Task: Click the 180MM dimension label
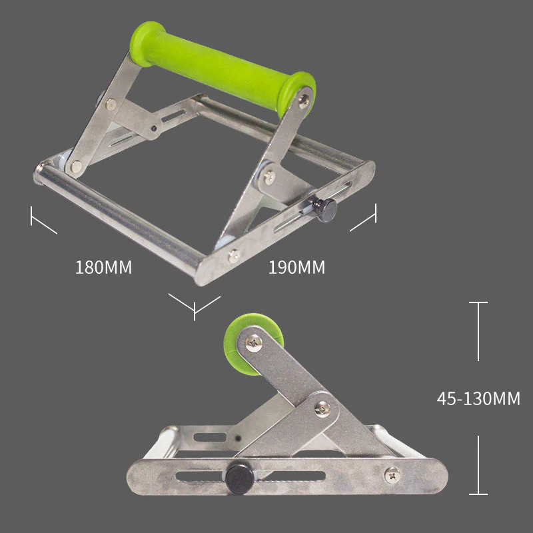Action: coord(103,268)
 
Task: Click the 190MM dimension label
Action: coord(297,268)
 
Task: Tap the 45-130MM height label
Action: coord(478,398)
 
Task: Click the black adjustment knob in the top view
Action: coord(325,209)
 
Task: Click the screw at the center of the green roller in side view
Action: coord(255,343)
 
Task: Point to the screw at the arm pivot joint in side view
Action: coord(322,408)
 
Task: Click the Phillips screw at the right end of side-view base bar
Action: coord(393,475)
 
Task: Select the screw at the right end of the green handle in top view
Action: coord(304,101)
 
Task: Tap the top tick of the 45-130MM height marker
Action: coord(478,304)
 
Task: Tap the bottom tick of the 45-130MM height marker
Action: coord(478,493)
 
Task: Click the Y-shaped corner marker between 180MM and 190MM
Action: coord(194,306)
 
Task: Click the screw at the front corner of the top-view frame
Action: coord(233,255)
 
